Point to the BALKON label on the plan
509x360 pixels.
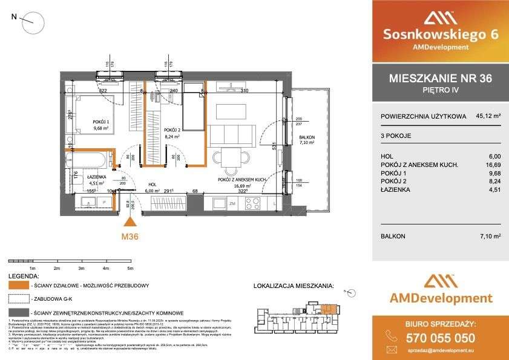307,138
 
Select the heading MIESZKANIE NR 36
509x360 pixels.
439,79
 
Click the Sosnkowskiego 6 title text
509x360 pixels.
439,34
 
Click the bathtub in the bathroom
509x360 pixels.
87,162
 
